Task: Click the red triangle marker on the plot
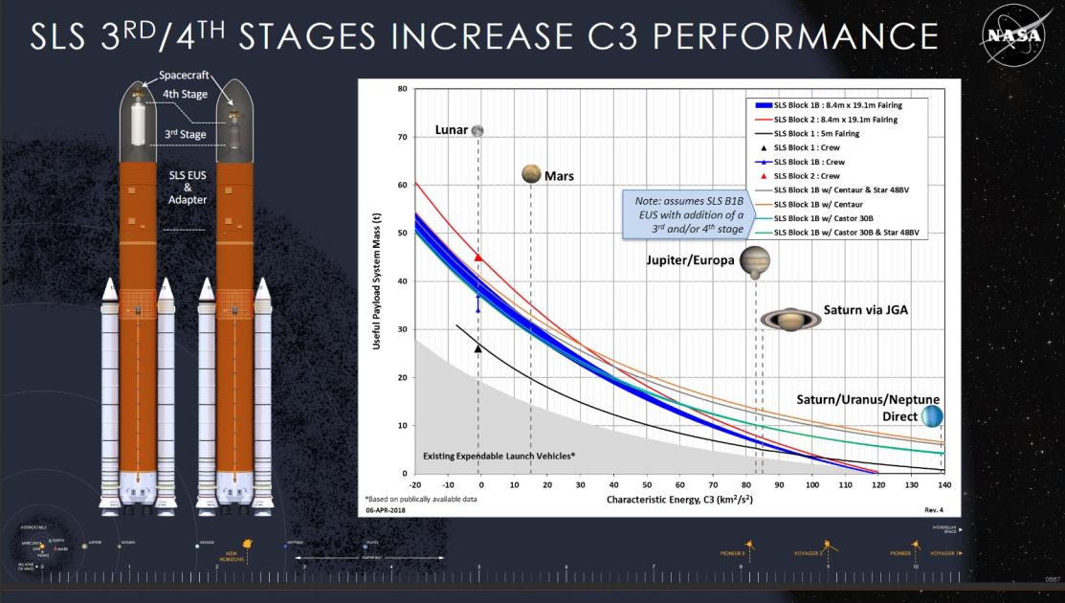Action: (x=478, y=257)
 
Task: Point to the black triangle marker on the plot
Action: (x=478, y=348)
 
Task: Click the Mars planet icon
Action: (x=532, y=173)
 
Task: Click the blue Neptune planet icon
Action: (x=931, y=415)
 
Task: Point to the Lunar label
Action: (x=451, y=129)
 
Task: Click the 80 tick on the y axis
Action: (x=402, y=89)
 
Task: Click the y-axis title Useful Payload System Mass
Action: (x=378, y=283)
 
